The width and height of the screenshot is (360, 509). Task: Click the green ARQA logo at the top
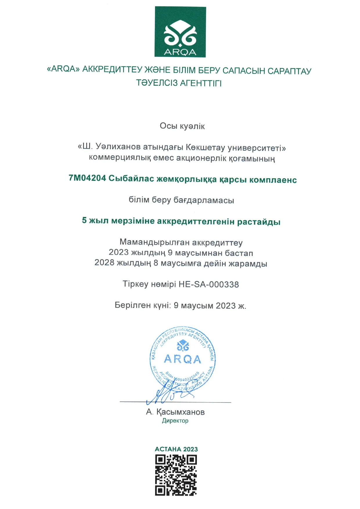180,32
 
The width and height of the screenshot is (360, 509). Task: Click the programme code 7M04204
87,178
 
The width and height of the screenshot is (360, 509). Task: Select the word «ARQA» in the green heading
63,69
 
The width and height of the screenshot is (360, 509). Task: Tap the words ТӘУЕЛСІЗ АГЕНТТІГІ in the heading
179,83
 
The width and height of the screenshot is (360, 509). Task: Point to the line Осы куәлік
182,126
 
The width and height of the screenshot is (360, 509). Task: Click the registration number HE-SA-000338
209,284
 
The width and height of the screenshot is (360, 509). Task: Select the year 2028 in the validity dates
104,263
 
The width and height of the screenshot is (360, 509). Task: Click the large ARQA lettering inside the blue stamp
182,359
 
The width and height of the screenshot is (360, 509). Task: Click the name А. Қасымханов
175,412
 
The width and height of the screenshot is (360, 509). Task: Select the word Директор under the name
175,421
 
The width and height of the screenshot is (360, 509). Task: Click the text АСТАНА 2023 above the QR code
176,449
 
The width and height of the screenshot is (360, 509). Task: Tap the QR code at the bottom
176,475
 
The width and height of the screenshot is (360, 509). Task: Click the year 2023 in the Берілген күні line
226,306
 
